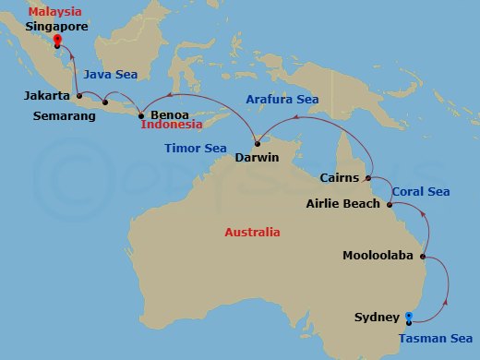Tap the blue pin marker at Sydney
pos(408,318)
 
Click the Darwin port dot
pos(258,142)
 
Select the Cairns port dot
pos(367,177)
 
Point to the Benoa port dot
pos(140,115)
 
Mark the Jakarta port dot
pos(79,95)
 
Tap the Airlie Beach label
pos(342,203)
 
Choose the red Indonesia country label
pos(173,125)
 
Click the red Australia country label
pos(252,233)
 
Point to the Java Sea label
pos(111,74)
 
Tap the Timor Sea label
pos(195,148)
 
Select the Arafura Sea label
pos(282,99)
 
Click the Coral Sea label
pos(420,192)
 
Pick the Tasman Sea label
pos(439,338)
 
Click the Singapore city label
pos(57,27)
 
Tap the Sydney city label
pos(377,318)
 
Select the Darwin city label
pos(258,157)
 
